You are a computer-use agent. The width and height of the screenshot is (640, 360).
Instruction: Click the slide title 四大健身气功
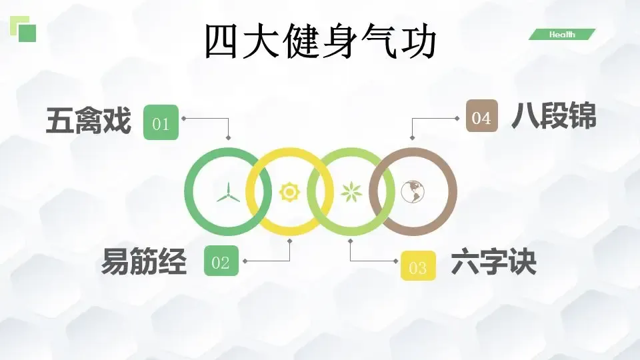320,41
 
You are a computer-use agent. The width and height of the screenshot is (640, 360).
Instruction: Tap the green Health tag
561,35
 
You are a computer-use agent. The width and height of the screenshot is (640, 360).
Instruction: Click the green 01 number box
161,123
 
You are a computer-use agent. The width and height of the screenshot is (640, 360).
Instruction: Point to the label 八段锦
553,117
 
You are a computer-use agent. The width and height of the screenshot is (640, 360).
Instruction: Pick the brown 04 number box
481,117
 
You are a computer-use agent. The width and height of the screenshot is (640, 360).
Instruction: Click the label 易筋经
143,262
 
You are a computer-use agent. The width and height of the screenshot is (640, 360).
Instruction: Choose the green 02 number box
220,263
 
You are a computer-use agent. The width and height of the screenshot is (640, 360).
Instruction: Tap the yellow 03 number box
418,267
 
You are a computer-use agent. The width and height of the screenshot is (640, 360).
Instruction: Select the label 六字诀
493,262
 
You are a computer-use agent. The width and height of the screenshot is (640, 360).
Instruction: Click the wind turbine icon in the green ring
227,192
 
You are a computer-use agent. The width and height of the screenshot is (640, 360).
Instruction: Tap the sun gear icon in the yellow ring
289,192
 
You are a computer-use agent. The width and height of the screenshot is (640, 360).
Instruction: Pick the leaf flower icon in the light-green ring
350,192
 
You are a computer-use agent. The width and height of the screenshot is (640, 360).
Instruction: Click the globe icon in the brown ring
413,192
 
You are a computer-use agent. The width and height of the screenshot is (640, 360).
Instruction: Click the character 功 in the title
417,41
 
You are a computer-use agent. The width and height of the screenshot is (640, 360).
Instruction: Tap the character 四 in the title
223,41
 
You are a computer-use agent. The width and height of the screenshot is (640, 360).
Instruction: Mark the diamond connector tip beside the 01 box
183,119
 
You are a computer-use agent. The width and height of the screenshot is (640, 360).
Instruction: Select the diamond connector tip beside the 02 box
245,261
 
